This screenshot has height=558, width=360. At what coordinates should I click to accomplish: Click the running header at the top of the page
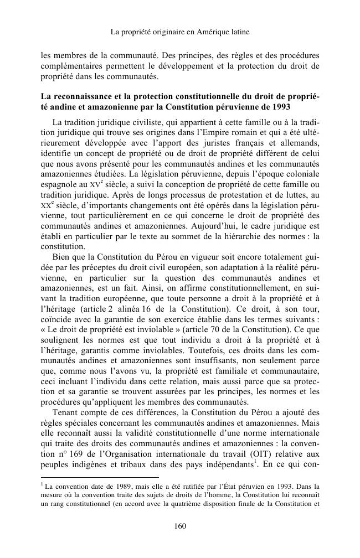pos(180,32)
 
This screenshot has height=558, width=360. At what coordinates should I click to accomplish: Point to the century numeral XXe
pos(49,221)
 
